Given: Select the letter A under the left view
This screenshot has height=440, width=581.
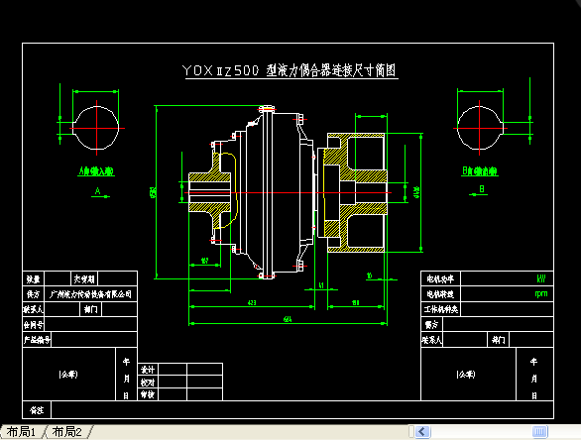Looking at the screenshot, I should (x=97, y=188).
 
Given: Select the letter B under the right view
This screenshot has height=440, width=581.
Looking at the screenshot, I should (x=481, y=188).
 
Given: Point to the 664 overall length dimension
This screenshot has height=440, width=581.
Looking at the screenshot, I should (x=287, y=318).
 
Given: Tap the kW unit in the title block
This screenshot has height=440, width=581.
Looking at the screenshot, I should (x=540, y=278).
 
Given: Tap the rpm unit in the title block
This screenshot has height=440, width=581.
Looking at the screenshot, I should (x=540, y=293).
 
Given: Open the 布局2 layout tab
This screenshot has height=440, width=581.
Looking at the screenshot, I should (x=67, y=432).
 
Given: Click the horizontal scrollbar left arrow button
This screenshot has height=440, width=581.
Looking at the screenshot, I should (x=423, y=432).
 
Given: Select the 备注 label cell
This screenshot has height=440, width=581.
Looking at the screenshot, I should (x=38, y=409).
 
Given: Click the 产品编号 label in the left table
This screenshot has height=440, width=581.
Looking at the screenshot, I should (x=38, y=339).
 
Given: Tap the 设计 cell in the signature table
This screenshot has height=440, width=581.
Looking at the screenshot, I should (x=147, y=369).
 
